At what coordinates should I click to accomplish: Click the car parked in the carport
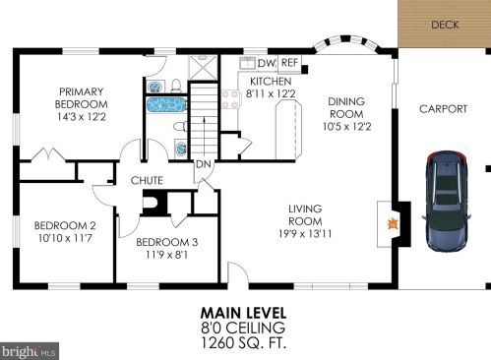pyautogui.click(x=447, y=201)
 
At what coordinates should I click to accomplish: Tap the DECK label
pyautogui.click(x=445, y=25)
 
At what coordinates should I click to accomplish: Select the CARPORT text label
pyautogui.click(x=443, y=109)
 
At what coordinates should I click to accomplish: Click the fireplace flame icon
pyautogui.click(x=393, y=224)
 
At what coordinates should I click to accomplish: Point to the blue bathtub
pyautogui.click(x=166, y=105)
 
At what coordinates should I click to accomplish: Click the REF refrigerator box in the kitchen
pyautogui.click(x=289, y=64)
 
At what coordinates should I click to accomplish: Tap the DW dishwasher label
pyautogui.click(x=266, y=63)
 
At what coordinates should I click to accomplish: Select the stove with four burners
pyautogui.click(x=230, y=99)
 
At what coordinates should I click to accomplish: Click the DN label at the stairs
pyautogui.click(x=204, y=164)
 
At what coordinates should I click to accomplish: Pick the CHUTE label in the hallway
pyautogui.click(x=147, y=180)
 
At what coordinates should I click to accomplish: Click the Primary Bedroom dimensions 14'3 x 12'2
pyautogui.click(x=82, y=117)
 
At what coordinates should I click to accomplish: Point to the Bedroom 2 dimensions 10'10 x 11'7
pyautogui.click(x=65, y=238)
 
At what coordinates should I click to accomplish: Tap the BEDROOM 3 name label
pyautogui.click(x=167, y=242)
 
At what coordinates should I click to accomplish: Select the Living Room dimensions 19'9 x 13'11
pyautogui.click(x=305, y=234)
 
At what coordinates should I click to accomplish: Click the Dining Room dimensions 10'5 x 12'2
pyautogui.click(x=346, y=126)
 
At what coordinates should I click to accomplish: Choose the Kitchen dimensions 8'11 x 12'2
pyautogui.click(x=271, y=93)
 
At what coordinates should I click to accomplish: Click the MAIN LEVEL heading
pyautogui.click(x=243, y=313)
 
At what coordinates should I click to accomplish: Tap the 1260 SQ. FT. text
pyautogui.click(x=243, y=342)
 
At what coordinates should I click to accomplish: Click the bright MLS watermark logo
pyautogui.click(x=29, y=352)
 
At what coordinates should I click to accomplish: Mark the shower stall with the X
pyautogui.click(x=203, y=67)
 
